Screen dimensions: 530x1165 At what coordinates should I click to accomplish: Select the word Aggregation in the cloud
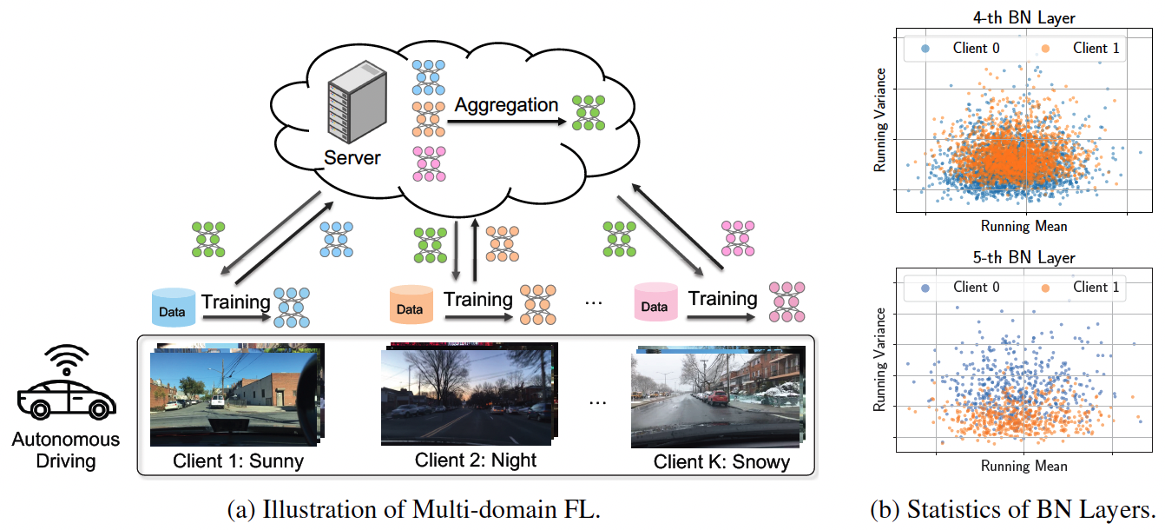tap(507, 105)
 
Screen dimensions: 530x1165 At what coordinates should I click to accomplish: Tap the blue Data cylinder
tap(174, 308)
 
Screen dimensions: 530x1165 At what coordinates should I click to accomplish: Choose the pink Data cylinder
tap(655, 305)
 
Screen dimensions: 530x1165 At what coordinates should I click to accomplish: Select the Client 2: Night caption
tap(476, 460)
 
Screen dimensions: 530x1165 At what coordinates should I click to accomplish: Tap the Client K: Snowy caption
tap(722, 462)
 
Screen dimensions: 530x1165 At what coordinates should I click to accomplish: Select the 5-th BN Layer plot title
tap(1025, 258)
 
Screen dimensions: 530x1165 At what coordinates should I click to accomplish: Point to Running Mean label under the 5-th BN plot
tap(1024, 466)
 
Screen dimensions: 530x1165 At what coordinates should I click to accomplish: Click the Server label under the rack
tap(352, 158)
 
